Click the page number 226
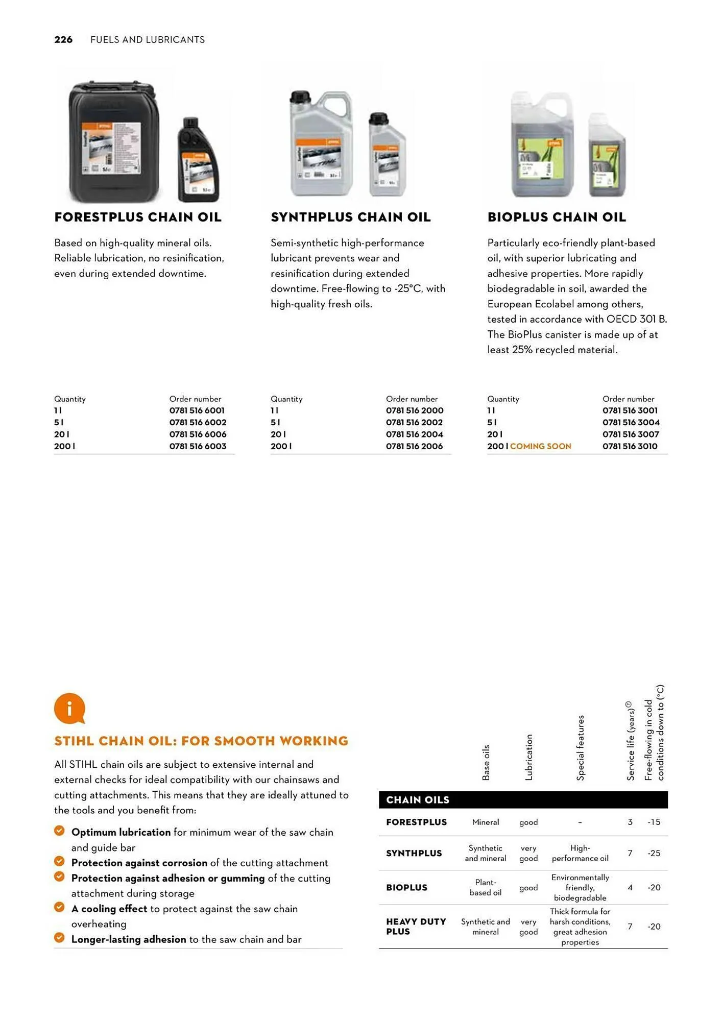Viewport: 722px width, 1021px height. click(63, 40)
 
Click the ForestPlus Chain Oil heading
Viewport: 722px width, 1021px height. click(138, 217)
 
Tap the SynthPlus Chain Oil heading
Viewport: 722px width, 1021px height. click(350, 217)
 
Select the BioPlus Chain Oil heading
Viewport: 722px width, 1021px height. click(556, 217)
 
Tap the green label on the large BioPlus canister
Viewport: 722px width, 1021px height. click(541, 158)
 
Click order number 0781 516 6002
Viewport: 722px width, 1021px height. click(198, 422)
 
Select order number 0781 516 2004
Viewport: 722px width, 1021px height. click(414, 434)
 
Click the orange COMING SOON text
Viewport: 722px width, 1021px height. click(540, 446)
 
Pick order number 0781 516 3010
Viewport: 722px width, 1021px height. click(630, 446)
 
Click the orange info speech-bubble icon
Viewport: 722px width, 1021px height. click(69, 708)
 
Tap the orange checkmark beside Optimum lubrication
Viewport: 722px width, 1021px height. click(59, 831)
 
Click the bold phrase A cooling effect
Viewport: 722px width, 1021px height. click(109, 909)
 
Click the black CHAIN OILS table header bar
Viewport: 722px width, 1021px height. click(523, 799)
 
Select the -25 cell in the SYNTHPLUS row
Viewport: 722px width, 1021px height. click(654, 853)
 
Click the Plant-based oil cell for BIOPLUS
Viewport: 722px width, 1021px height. click(485, 887)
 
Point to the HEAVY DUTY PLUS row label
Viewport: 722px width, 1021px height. click(416, 926)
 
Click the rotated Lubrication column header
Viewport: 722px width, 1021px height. click(529, 757)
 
